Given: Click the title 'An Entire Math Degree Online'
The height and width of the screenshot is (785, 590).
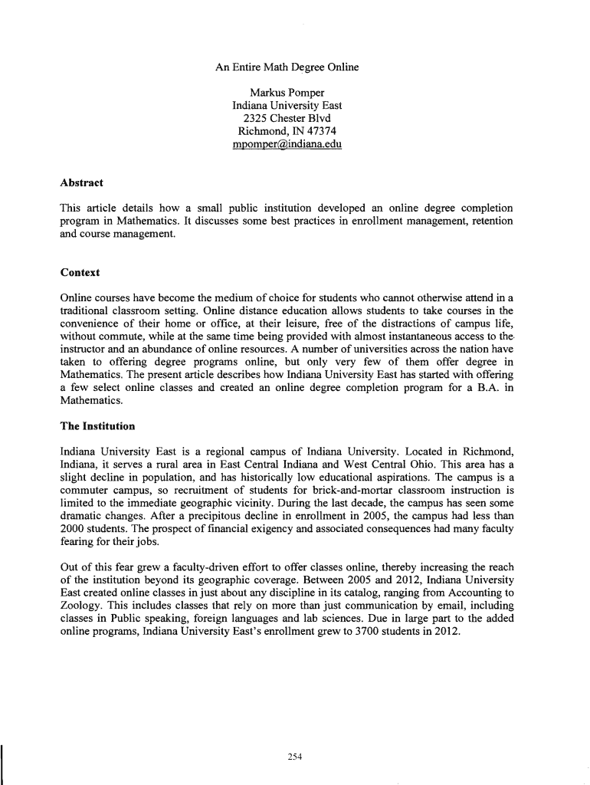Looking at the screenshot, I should tap(287, 67).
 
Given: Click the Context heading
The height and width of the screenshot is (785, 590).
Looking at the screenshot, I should tap(79, 272).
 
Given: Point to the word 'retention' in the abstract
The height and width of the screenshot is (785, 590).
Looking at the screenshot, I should tap(488, 221).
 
